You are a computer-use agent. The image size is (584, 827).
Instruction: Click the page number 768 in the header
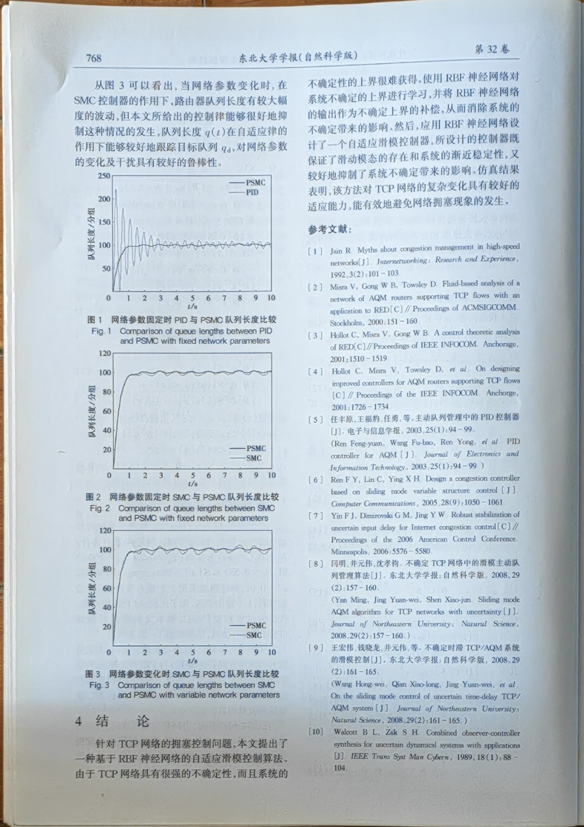click(94, 58)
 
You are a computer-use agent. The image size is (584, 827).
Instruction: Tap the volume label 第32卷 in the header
click(491, 49)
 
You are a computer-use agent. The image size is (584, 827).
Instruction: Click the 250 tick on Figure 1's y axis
click(104, 176)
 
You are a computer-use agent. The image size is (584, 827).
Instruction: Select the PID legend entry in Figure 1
click(252, 192)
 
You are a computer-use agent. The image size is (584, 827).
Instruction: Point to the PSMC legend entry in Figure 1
click(255, 182)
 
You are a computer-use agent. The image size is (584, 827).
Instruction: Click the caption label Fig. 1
click(101, 331)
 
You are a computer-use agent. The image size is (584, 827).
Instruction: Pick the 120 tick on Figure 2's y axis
click(105, 354)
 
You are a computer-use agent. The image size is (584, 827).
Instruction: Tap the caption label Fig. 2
click(100, 508)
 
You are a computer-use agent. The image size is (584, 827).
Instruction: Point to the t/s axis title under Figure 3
click(193, 661)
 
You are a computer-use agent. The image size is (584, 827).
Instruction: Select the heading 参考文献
click(329, 229)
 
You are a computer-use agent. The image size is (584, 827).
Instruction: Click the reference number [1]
click(315, 251)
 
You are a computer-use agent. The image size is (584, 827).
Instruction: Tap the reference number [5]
click(315, 419)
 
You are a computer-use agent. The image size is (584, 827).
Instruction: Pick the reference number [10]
click(316, 731)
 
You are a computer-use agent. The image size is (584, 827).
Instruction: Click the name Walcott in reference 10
click(345, 732)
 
